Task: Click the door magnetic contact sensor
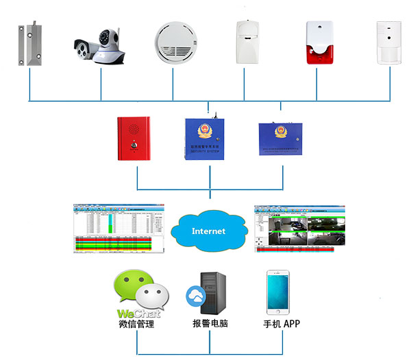(x=29, y=44)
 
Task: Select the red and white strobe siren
(x=318, y=43)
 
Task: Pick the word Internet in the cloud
(x=208, y=231)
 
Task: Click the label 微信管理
(x=136, y=324)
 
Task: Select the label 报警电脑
(x=210, y=324)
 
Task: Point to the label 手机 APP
(x=282, y=324)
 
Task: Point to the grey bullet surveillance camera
(x=86, y=48)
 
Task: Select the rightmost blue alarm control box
(x=282, y=139)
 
